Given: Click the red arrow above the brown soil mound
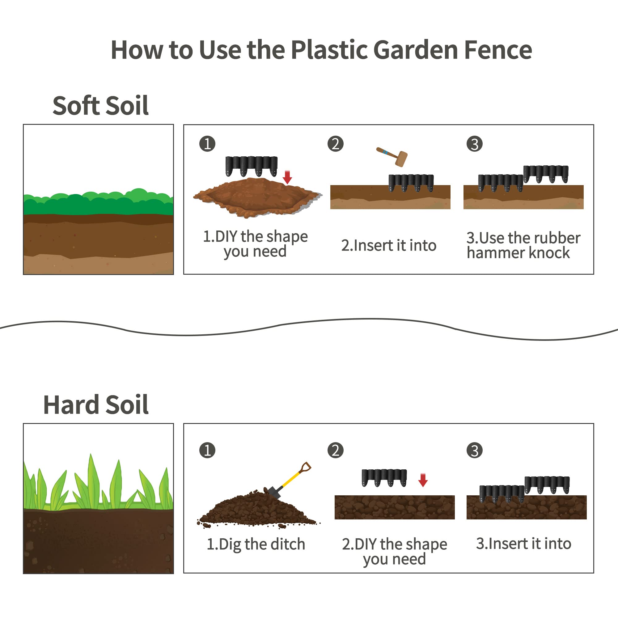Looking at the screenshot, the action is [x=287, y=177].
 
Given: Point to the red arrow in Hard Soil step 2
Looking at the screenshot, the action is [x=423, y=480].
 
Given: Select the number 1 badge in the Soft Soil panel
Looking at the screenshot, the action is [x=207, y=144].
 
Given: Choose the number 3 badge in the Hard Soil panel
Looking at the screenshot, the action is [x=474, y=451].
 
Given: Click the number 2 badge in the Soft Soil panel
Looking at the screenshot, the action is [x=336, y=144].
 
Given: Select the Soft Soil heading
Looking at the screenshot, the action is [x=100, y=106].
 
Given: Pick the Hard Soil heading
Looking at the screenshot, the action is [x=96, y=405].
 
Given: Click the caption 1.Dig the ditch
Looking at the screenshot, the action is [x=256, y=544].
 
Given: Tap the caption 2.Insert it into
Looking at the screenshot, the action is [x=389, y=245].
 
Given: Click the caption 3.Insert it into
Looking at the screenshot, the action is [x=524, y=544].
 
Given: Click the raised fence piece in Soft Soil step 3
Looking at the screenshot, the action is [x=546, y=174].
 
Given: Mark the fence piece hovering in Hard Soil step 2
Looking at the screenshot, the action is [x=384, y=478].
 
